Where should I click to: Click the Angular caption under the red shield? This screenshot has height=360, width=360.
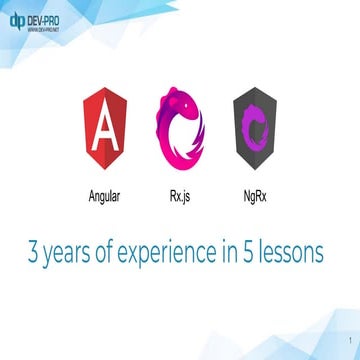[x=106, y=196]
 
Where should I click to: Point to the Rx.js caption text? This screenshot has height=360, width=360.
[x=180, y=196]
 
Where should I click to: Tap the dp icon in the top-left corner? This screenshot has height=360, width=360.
[x=17, y=19]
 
